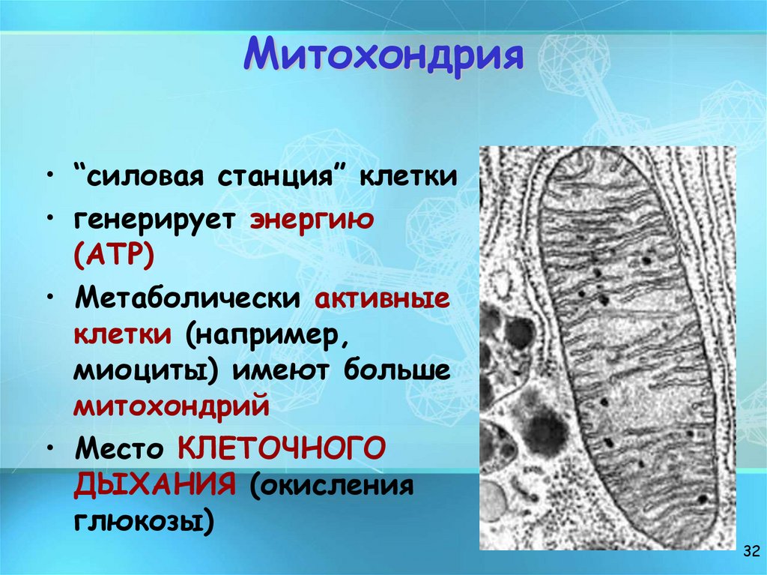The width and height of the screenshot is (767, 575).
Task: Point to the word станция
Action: click(x=285, y=178)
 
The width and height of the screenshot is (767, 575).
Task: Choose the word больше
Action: click(x=396, y=370)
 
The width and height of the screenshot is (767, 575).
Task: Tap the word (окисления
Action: click(x=331, y=485)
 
